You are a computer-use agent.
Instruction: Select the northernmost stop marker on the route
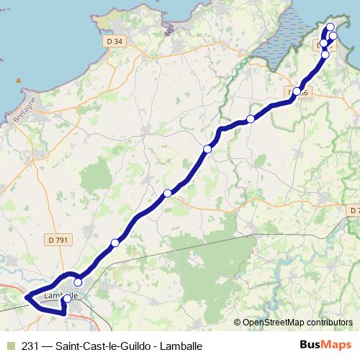click(x=330, y=27)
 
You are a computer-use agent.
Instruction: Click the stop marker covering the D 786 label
click(x=296, y=91)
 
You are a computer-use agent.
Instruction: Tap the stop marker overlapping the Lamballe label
click(x=68, y=298)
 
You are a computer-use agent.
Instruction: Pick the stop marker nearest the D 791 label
click(x=114, y=243)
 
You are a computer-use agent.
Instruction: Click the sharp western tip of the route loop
click(x=26, y=296)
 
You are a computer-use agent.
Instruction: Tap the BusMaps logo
click(x=325, y=346)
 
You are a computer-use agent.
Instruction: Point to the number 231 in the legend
click(x=30, y=346)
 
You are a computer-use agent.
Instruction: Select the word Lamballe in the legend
click(x=180, y=346)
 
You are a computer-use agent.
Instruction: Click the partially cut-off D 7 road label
click(x=353, y=210)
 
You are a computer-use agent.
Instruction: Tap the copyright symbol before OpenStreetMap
click(x=238, y=323)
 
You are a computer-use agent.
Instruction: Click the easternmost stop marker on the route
click(x=333, y=36)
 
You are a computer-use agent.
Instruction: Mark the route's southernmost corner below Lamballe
click(x=63, y=315)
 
